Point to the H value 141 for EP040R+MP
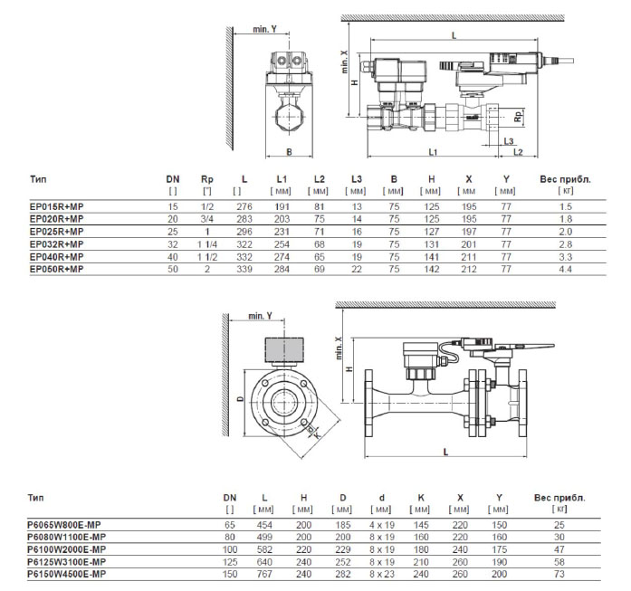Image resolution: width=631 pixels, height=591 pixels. (433, 257)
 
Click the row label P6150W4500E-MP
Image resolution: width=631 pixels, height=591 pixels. (64, 575)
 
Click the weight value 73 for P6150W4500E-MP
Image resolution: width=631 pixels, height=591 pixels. (559, 575)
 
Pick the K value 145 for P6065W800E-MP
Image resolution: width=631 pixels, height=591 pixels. (423, 524)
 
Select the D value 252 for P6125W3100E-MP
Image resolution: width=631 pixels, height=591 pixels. (343, 562)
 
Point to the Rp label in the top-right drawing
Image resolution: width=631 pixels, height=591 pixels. (517, 117)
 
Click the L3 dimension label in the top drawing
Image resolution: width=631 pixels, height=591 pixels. (509, 143)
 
